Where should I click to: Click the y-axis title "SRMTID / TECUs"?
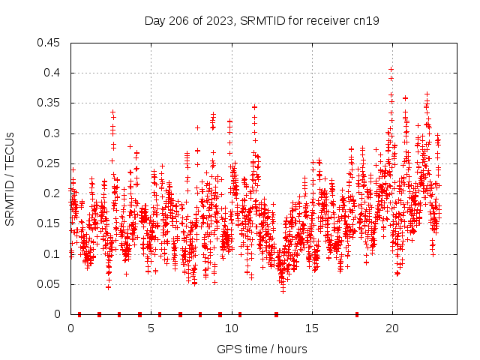[10, 178]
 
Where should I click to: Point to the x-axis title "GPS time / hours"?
[261, 349]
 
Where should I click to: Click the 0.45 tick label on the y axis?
[49, 43]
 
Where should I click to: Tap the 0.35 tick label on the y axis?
[49, 103]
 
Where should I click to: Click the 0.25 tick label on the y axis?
[49, 163]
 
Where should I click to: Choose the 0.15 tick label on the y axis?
[49, 223]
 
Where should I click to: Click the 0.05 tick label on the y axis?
[49, 284]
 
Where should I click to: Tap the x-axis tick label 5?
[151, 328]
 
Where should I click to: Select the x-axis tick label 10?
[231, 328]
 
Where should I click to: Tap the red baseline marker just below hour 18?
[357, 314]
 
